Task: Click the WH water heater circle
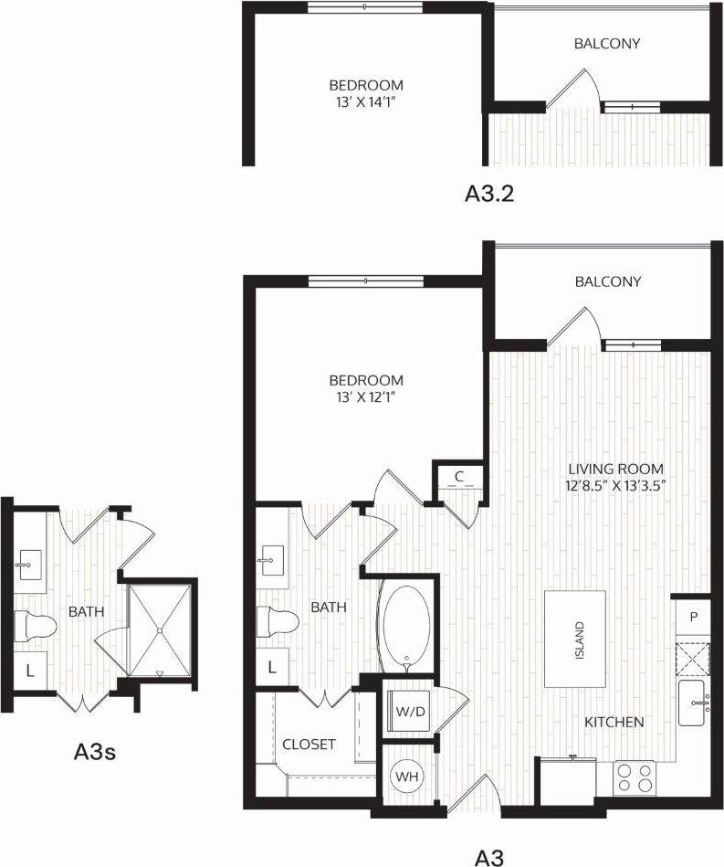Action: coord(406,776)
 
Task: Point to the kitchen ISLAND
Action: coord(576,639)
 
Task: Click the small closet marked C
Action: coord(459,475)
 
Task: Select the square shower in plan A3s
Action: coord(160,629)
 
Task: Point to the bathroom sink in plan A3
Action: coord(271,558)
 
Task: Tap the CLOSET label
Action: coord(309,745)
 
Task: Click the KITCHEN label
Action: coord(614,722)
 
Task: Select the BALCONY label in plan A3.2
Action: coord(607,44)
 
